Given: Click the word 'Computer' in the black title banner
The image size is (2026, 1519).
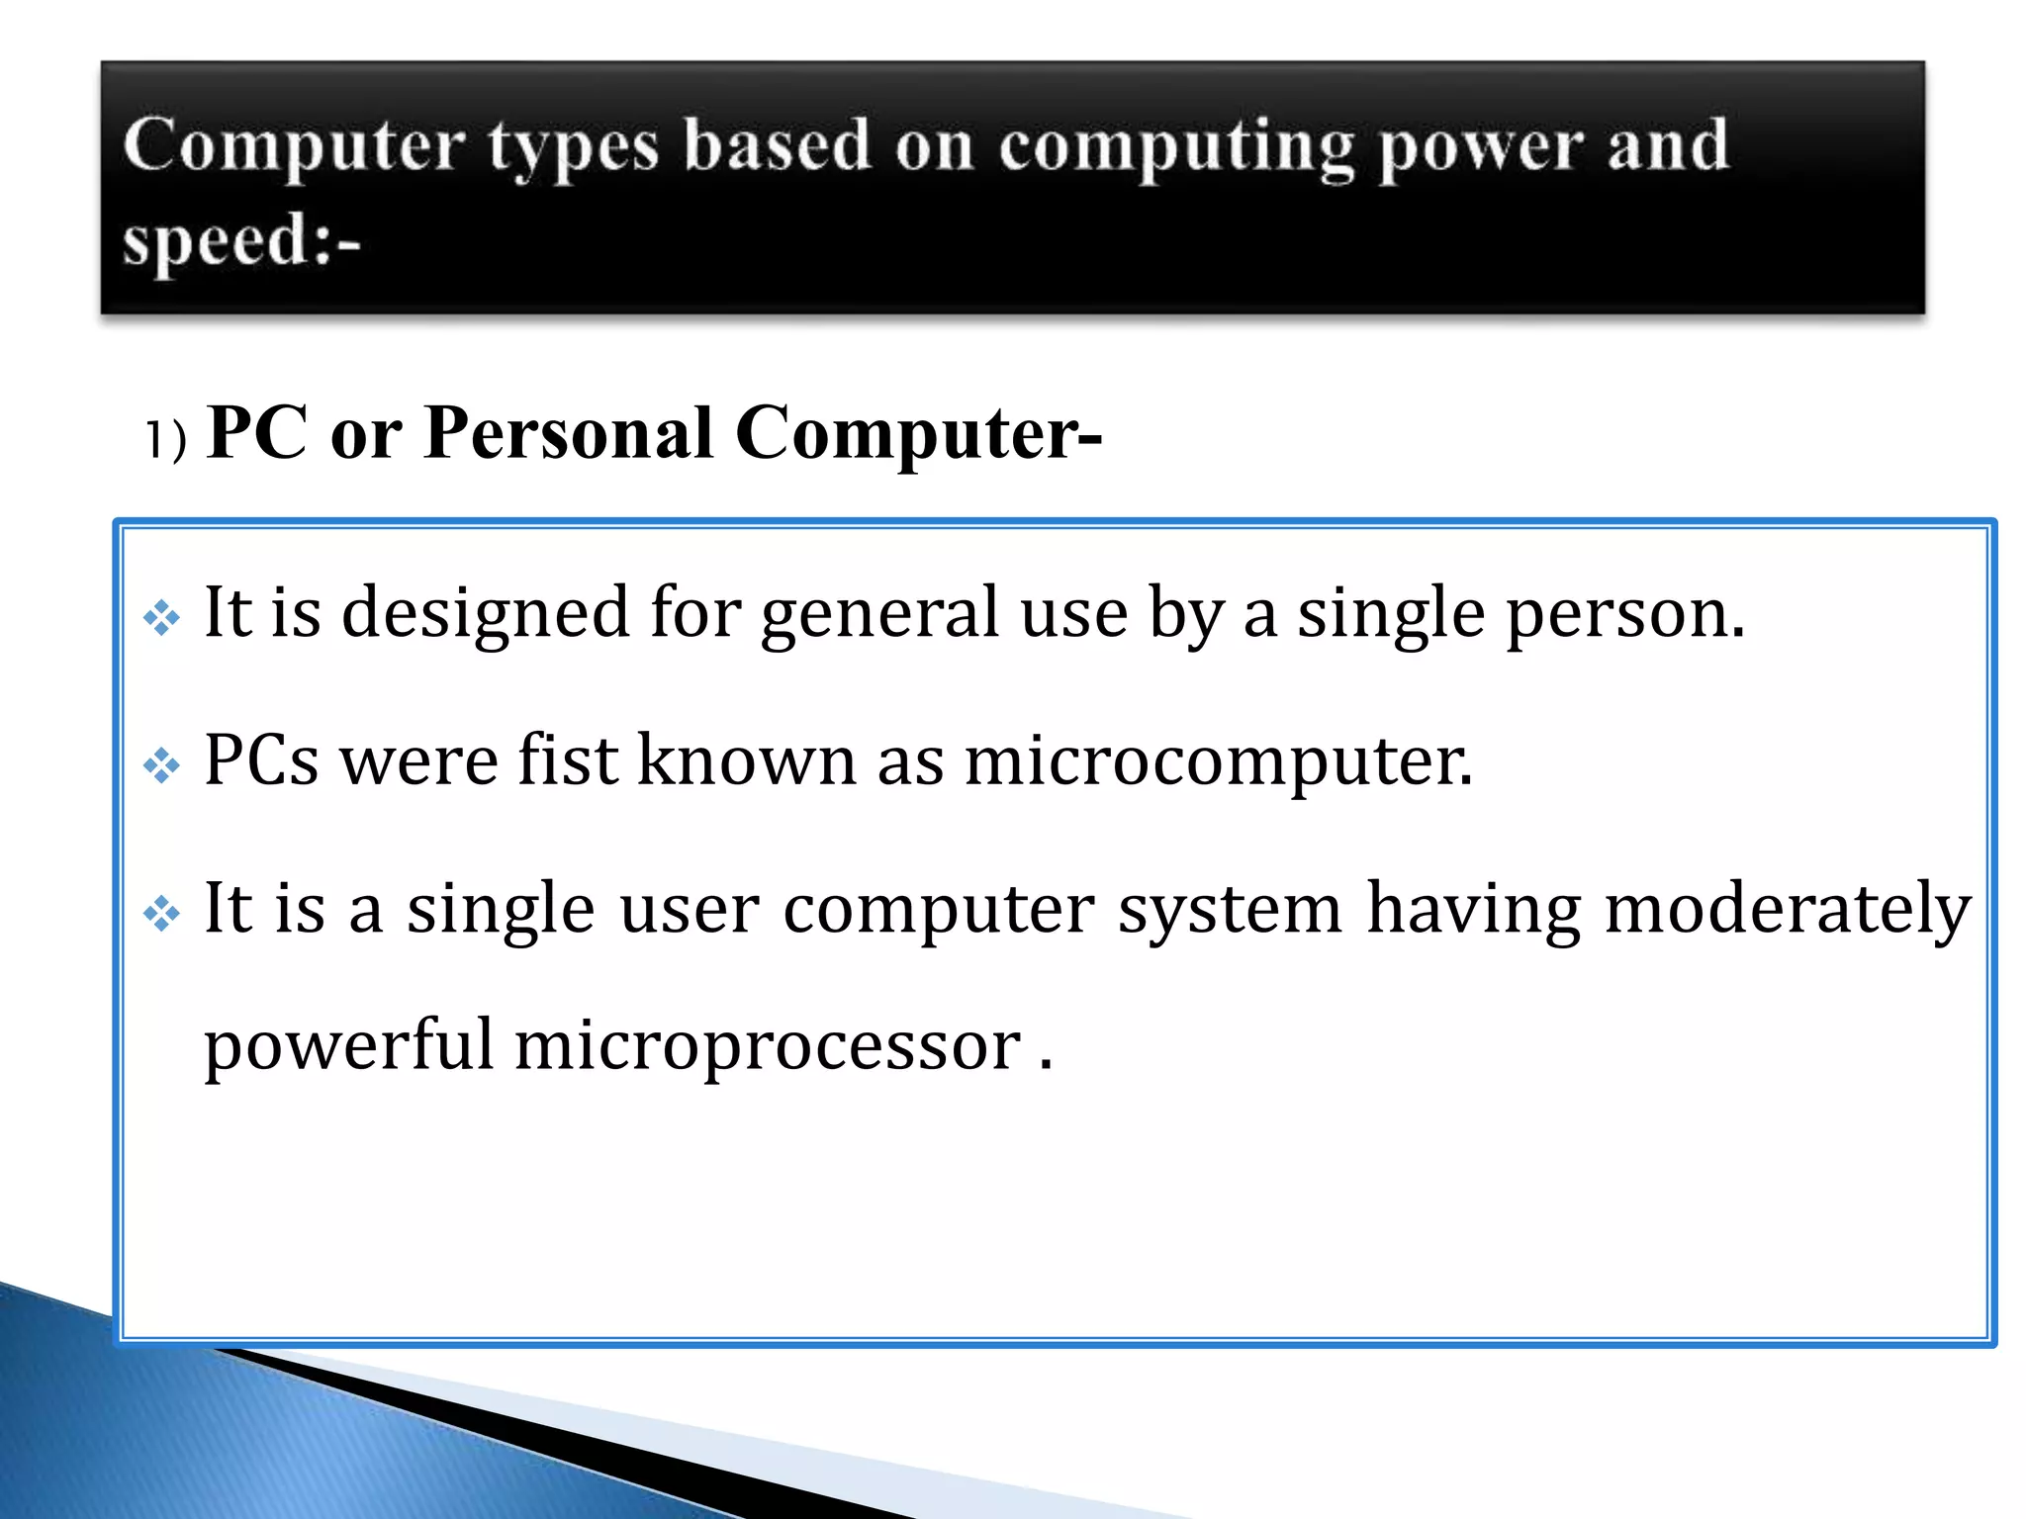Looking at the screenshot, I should (x=294, y=146).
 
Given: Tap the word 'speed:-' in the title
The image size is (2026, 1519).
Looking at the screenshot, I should (x=241, y=241).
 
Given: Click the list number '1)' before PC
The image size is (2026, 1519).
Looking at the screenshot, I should (x=165, y=439).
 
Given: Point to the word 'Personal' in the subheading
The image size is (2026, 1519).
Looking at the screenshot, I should (x=568, y=433).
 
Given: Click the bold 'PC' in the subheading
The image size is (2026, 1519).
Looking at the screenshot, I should (x=257, y=433).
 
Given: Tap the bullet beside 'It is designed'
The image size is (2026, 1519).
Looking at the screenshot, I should (x=161, y=619).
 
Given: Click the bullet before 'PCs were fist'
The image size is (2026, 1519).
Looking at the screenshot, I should (x=161, y=765).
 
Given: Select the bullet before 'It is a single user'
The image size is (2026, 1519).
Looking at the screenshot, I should (x=161, y=913).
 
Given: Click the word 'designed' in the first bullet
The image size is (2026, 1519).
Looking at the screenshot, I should (x=485, y=613).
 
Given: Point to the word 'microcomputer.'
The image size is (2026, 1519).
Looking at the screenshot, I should (x=1218, y=761).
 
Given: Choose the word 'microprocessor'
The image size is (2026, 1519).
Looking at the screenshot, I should (x=768, y=1046).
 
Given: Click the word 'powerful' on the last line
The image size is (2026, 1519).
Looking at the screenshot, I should (x=348, y=1046).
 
